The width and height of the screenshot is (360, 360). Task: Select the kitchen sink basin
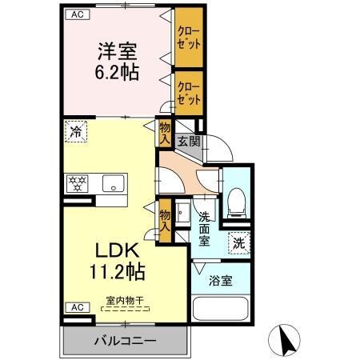coord(114,185)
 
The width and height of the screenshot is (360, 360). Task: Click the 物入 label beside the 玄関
coord(164,133)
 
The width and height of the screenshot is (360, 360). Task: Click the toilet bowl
coord(236,200)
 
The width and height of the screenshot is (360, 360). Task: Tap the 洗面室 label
coord(205,228)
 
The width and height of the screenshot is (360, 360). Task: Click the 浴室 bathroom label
coord(221,282)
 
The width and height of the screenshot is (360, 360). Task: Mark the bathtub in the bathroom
coord(222,312)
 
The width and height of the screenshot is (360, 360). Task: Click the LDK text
coord(116,249)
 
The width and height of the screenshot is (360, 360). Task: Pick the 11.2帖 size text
coord(117,271)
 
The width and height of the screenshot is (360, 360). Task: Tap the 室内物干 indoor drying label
coord(125,301)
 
